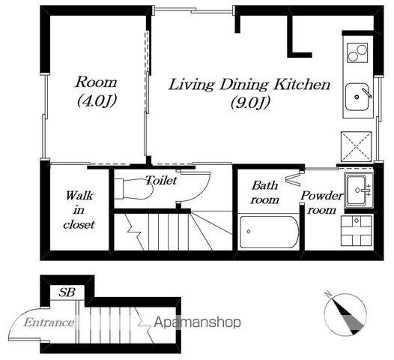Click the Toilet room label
[x=161, y=181]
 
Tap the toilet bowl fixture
[x=133, y=189]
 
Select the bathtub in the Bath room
[x=269, y=232]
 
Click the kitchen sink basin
[x=357, y=97]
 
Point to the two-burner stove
[x=357, y=52]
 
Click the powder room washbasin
[x=359, y=190]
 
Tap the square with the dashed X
[x=356, y=146]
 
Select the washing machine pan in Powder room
[x=356, y=230]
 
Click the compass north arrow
[x=345, y=314]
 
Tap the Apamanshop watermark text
[x=197, y=322]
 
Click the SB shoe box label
[x=67, y=292]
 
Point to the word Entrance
[x=49, y=322]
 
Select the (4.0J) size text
[x=97, y=101]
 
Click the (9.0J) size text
[x=250, y=103]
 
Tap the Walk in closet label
[x=79, y=210]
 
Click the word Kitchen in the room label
[x=302, y=85]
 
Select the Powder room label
[x=321, y=202]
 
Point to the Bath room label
[x=265, y=193]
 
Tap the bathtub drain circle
[x=249, y=232]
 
